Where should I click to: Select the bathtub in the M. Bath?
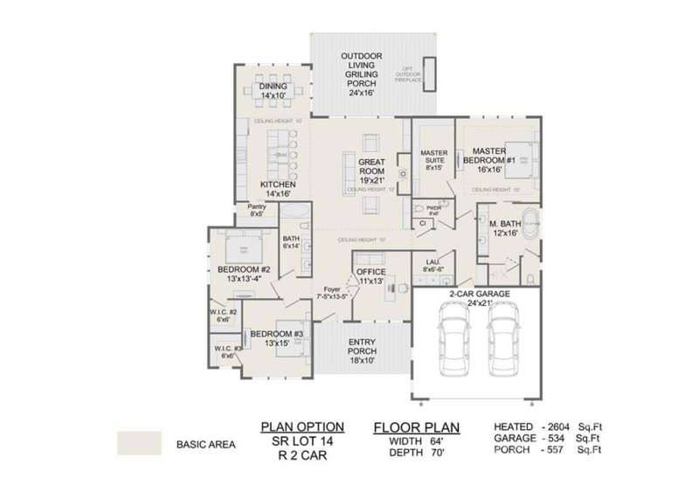[x=529, y=219]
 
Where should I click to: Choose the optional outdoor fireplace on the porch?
[x=429, y=73]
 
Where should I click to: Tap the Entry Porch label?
[x=362, y=347]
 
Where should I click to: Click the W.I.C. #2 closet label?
[x=225, y=315]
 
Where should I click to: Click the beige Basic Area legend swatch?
[x=140, y=443]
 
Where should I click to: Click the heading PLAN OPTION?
[x=302, y=426]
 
